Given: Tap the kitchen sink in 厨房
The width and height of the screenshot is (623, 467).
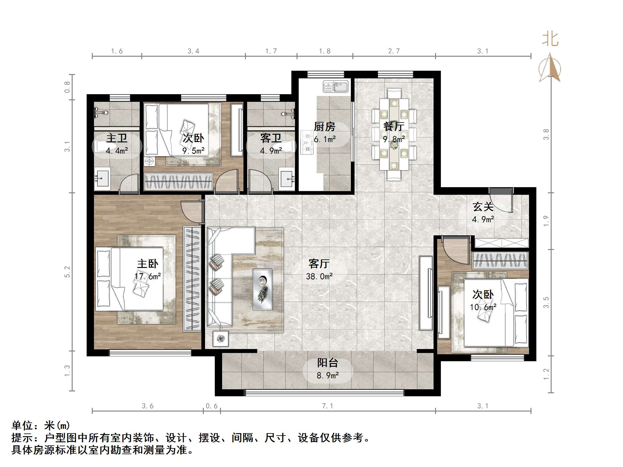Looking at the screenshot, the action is (336, 87).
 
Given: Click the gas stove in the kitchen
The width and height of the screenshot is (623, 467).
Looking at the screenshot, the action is (307, 142).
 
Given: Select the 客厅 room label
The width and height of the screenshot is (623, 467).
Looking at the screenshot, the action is (319, 264).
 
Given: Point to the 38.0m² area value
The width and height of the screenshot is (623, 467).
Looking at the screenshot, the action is (319, 276).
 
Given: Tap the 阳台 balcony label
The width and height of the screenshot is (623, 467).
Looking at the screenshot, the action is (328, 363).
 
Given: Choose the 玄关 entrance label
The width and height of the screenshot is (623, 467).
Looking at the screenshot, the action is (483, 207).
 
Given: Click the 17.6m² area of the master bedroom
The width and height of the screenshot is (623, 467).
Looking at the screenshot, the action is (148, 276).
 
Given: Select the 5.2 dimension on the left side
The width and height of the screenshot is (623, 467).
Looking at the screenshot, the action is (67, 272).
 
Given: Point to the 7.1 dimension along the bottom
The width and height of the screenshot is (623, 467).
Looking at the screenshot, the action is (327, 406).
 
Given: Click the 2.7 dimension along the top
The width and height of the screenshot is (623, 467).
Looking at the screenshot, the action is (394, 51).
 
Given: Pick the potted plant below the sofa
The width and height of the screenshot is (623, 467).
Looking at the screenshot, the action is (221, 338).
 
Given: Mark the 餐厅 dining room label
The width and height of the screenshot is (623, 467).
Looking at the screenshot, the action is (394, 127).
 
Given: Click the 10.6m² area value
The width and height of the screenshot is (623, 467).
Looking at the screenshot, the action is (483, 307).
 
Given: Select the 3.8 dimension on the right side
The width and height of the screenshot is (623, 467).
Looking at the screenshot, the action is (546, 134).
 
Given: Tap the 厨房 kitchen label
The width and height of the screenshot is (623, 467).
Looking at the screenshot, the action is (325, 127).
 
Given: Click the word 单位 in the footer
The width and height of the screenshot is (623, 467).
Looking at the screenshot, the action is (22, 426).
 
